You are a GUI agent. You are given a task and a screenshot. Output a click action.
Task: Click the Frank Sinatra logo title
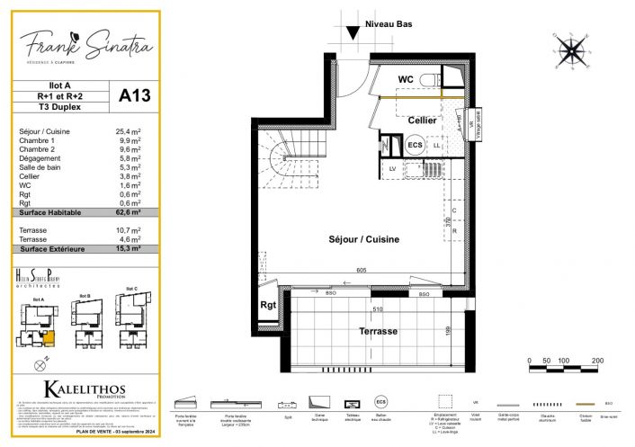tap(86, 42)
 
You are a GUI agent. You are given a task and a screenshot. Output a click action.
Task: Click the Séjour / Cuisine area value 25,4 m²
tap(130, 132)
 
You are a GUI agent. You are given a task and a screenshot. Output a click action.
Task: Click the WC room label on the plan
tap(406, 79)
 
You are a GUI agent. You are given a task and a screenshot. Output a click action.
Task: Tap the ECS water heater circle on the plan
tap(415, 145)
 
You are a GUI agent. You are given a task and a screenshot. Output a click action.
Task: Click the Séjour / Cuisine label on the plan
tap(363, 239)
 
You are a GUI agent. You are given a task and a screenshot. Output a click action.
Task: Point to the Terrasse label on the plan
tap(378, 331)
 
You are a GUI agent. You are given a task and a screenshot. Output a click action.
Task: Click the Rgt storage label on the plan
tap(268, 304)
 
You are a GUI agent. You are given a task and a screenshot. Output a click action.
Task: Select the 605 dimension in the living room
tap(361, 270)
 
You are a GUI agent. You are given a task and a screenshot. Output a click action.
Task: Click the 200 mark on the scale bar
tap(595, 360)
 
